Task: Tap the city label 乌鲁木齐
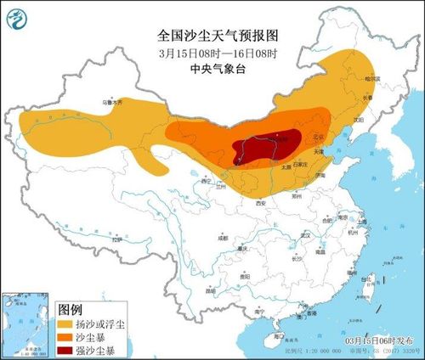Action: click(112, 101)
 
